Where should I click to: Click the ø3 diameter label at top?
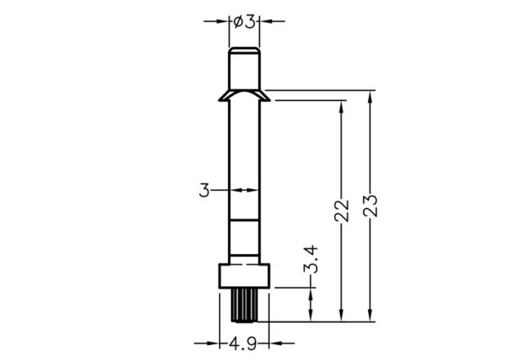click(x=244, y=22)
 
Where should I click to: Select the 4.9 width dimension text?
click(x=243, y=344)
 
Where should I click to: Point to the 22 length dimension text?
click(x=342, y=211)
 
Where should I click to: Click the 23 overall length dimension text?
click(x=370, y=206)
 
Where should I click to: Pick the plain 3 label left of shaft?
click(x=204, y=190)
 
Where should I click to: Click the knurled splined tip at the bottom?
click(x=244, y=305)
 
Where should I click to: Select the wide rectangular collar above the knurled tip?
click(x=244, y=275)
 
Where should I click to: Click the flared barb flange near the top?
click(x=244, y=96)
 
